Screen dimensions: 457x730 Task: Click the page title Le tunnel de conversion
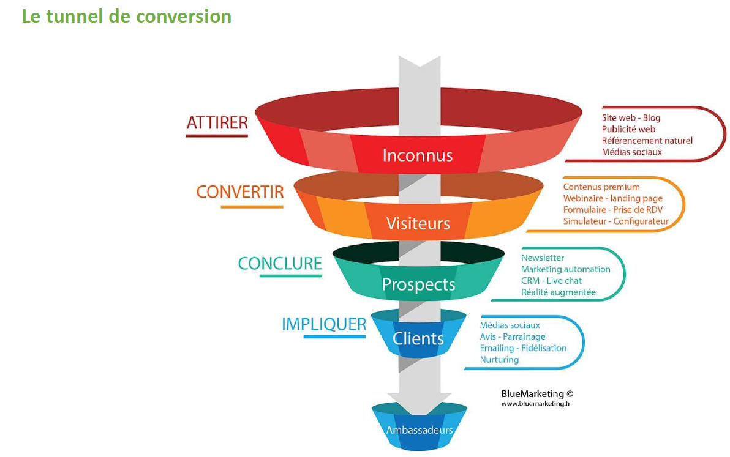(127, 16)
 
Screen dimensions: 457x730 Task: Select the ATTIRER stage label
(217, 122)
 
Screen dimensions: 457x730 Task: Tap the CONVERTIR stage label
(240, 192)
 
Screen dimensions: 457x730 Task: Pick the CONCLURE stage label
(280, 264)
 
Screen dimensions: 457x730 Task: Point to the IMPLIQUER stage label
(324, 324)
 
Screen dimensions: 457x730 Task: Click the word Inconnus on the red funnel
(418, 155)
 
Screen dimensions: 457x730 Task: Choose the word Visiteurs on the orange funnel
(418, 223)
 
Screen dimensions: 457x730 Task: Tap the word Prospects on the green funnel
(418, 284)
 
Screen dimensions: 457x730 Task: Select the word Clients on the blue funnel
(418, 338)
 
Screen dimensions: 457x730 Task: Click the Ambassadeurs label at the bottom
(420, 430)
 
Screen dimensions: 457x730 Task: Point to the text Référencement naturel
(647, 141)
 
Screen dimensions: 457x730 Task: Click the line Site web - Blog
(631, 117)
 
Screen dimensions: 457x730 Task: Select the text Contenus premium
(601, 187)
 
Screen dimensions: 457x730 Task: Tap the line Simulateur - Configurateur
(615, 221)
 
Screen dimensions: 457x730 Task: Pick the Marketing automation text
(565, 269)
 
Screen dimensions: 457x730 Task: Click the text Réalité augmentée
(558, 292)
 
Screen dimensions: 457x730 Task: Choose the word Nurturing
(499, 360)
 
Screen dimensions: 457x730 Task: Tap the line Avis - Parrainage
(513, 336)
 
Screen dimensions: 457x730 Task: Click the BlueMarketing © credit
(537, 394)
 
